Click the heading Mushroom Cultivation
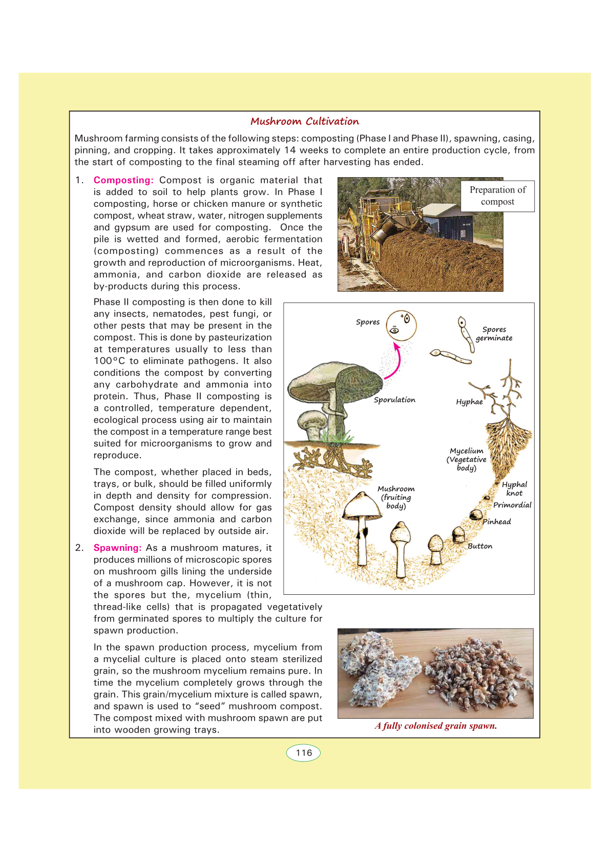click(305, 121)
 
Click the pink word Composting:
click(123, 180)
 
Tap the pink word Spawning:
click(117, 548)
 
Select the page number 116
click(304, 753)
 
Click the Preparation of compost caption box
click(497, 196)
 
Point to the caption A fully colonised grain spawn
click(435, 726)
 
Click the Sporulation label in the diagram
click(394, 400)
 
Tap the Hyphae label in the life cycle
click(469, 402)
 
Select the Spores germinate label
click(494, 334)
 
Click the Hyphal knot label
click(514, 489)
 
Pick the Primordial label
click(512, 505)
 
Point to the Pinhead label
click(497, 522)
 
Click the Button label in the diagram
click(480, 546)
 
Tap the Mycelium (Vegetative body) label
click(466, 459)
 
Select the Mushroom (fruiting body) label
click(396, 498)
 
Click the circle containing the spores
click(401, 326)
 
